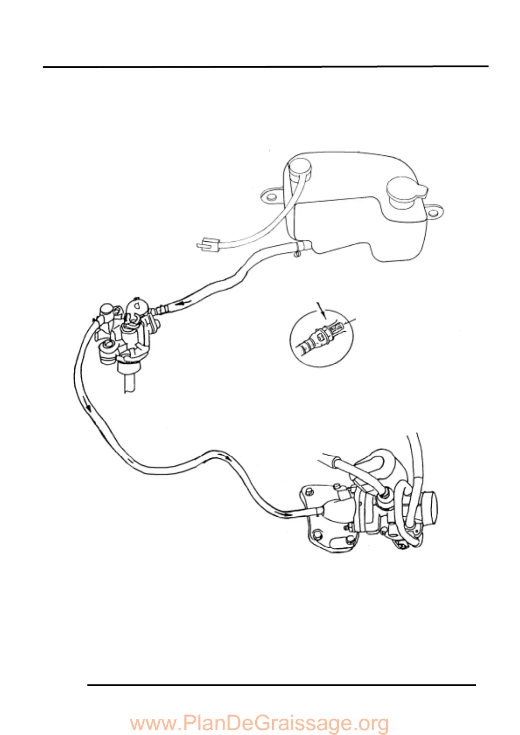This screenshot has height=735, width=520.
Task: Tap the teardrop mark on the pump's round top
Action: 137,305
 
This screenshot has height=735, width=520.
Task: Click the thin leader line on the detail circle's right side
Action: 350,323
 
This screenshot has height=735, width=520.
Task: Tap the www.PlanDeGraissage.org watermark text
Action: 260,723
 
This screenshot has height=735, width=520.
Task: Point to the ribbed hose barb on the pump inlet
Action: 161,309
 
